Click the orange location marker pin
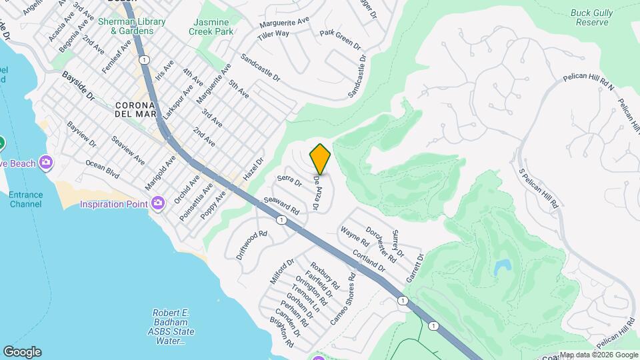(320, 159)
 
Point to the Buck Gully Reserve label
(590, 17)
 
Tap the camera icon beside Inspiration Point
(158, 202)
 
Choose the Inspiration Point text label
(113, 204)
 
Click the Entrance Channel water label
(26, 199)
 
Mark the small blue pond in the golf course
(501, 268)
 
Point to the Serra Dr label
(290, 181)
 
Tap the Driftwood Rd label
(251, 245)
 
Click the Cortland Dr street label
(369, 261)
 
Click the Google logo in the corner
(22, 352)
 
